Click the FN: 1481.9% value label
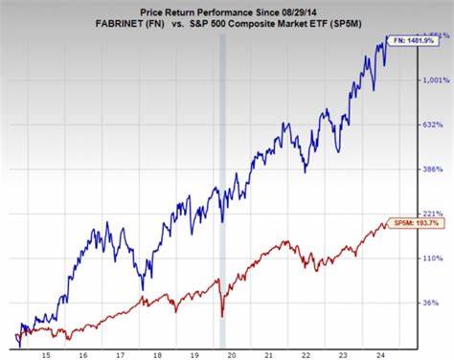418,39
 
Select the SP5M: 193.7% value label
418,223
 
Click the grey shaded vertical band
222,191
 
